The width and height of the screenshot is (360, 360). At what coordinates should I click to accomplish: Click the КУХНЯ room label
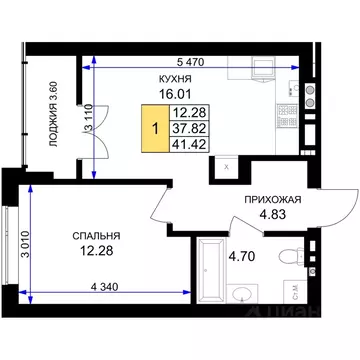(175, 79)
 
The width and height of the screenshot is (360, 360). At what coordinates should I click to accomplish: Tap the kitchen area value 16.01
(175, 94)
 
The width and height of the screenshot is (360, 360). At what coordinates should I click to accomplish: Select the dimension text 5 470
(190, 62)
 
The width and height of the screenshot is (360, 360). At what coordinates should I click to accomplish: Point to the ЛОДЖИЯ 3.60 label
(53, 114)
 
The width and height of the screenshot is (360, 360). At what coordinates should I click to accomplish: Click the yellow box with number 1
(155, 128)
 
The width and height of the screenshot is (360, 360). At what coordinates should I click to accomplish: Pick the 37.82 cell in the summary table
(189, 128)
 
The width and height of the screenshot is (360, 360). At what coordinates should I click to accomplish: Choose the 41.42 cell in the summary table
(189, 144)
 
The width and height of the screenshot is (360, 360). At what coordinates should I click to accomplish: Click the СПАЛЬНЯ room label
(96, 236)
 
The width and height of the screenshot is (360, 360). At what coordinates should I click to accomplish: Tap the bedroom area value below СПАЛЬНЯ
(96, 251)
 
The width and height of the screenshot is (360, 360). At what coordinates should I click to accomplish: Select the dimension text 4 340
(105, 287)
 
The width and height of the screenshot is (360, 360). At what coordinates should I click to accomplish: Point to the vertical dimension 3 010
(25, 244)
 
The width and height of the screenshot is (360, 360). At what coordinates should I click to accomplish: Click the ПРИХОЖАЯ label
(273, 200)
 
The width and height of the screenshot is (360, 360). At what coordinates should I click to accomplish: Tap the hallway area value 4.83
(273, 214)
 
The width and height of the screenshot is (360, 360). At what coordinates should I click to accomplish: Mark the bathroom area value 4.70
(242, 256)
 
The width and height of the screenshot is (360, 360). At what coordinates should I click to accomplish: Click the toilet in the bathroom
(291, 256)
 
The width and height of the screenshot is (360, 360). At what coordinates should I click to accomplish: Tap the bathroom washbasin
(242, 294)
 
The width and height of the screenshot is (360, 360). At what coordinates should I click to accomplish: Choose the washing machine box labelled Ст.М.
(295, 292)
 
